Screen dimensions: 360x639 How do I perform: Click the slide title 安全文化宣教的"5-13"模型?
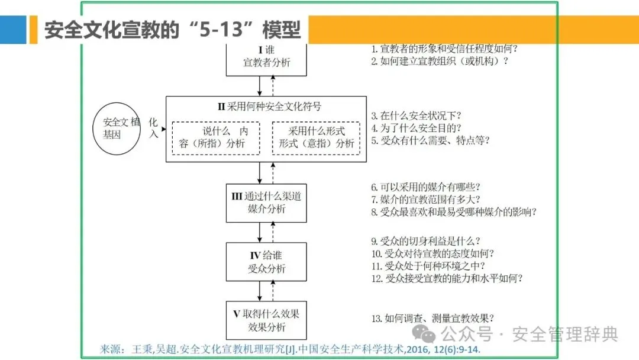172,30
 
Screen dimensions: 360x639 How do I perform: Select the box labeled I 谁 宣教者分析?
266,57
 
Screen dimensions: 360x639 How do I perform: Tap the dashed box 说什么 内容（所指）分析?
215,137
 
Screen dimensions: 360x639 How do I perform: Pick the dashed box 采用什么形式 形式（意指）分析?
317,137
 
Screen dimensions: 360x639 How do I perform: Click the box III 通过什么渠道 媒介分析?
266,202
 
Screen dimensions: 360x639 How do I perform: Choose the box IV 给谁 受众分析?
266,262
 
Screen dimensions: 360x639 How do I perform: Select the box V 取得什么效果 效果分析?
266,320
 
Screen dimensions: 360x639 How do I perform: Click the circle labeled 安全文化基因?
120,129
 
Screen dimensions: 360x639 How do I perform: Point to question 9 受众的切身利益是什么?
425,241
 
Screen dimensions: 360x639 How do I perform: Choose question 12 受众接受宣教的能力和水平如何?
447,278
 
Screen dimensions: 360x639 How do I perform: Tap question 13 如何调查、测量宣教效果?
433,319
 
